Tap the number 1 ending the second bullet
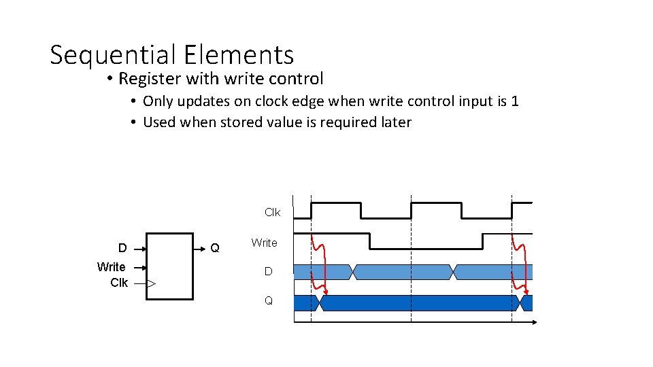(515, 101)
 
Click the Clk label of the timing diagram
(272, 212)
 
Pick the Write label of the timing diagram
(264, 243)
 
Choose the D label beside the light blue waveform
(268, 272)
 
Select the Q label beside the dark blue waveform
(268, 300)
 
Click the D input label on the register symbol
(122, 248)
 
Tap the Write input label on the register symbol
(111, 266)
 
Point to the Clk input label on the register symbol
(119, 282)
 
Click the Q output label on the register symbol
(215, 248)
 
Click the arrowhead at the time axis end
(534, 322)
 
